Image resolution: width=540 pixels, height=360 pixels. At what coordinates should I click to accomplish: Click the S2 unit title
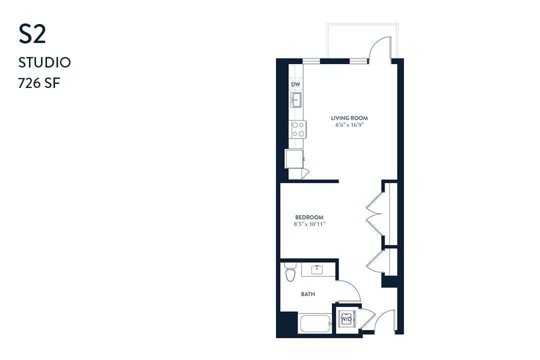click(x=32, y=34)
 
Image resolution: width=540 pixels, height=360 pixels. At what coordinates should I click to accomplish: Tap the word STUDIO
click(x=44, y=62)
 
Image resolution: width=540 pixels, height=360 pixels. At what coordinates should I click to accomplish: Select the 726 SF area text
click(x=39, y=83)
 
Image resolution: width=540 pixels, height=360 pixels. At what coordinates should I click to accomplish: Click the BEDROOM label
click(x=309, y=217)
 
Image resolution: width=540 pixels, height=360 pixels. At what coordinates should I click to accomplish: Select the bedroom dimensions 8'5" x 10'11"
click(x=309, y=224)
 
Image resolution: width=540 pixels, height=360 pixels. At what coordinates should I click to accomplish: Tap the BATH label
click(x=308, y=294)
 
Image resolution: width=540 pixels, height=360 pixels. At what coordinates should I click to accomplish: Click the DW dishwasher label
click(x=295, y=84)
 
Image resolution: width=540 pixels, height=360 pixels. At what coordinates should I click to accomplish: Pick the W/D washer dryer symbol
click(x=346, y=318)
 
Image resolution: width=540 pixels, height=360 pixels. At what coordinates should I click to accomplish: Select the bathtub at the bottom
click(x=315, y=323)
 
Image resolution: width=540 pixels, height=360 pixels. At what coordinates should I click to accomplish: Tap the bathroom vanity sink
click(x=316, y=270)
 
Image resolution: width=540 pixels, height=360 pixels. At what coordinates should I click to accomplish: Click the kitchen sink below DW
click(x=296, y=99)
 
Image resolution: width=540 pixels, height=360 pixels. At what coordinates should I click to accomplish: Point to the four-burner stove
click(x=298, y=129)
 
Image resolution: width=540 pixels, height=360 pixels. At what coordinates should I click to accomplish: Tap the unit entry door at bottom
click(x=385, y=322)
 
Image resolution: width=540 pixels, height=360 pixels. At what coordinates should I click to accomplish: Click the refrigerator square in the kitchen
click(x=294, y=159)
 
